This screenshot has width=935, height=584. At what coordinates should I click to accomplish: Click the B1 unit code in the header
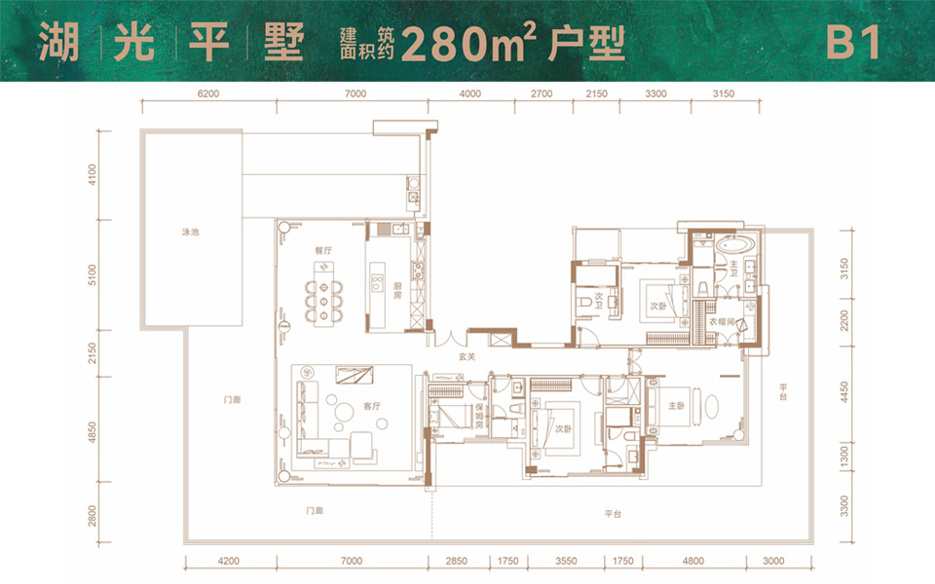point(854,44)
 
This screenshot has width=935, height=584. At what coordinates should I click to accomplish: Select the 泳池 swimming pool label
point(190,234)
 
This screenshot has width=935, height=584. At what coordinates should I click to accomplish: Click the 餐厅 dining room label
point(323,250)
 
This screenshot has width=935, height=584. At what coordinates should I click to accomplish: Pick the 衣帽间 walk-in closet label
point(719,321)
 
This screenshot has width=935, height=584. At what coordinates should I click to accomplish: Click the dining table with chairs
point(323,296)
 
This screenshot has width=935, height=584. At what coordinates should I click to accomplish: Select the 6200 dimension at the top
point(207,93)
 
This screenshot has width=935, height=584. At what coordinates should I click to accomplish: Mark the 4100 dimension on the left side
point(93,175)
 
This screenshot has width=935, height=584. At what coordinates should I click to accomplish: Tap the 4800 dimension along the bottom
point(692,561)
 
